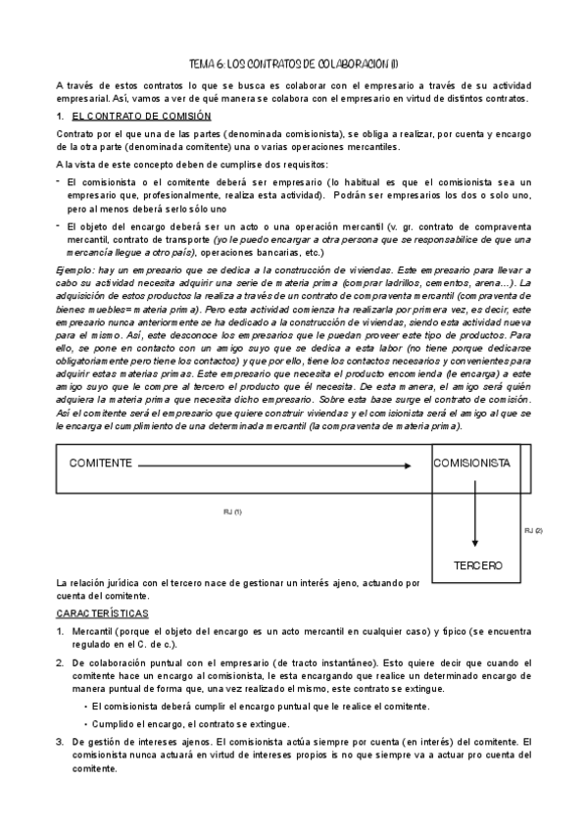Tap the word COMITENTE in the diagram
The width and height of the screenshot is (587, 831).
pos(101,463)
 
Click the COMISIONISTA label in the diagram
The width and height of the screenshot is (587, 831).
pos(471,463)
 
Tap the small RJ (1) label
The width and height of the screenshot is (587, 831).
pos(232,512)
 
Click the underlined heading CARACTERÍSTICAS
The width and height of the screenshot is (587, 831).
pos(102,613)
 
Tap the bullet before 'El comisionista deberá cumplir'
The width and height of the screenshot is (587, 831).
pos(85,706)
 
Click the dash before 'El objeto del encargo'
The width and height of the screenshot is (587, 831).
pos(59,222)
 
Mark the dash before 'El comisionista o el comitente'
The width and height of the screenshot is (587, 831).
pos(59,181)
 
